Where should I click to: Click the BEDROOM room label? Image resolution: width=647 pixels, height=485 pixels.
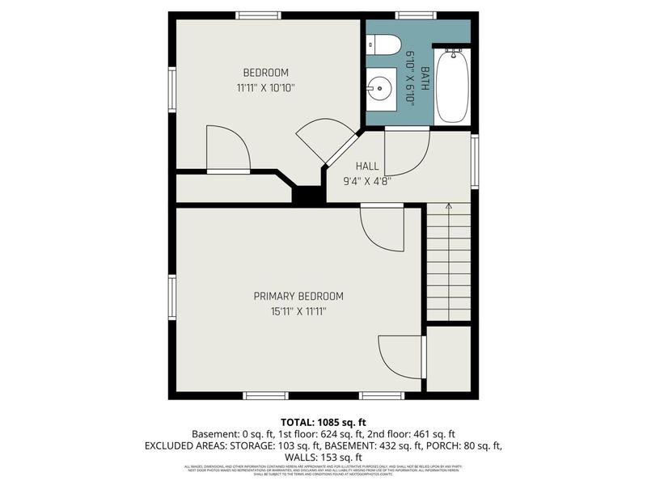tap(266, 73)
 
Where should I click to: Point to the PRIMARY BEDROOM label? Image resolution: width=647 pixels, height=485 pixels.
tap(298, 296)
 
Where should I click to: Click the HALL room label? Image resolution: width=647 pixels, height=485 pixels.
tap(367, 167)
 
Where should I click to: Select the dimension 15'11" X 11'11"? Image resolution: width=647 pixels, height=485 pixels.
tap(298, 310)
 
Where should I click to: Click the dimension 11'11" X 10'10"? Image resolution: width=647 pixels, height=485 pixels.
tap(266, 87)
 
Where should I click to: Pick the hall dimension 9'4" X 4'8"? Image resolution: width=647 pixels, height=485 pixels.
tap(367, 181)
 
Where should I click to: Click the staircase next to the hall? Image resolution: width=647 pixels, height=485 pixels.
tap(448, 263)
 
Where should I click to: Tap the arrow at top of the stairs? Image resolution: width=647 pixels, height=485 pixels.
tap(448, 208)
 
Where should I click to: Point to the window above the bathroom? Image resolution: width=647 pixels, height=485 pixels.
tap(416, 15)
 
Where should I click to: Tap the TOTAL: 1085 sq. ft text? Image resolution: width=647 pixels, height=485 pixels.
tap(323, 422)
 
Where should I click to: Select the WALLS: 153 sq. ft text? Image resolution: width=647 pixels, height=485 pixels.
tap(323, 458)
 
